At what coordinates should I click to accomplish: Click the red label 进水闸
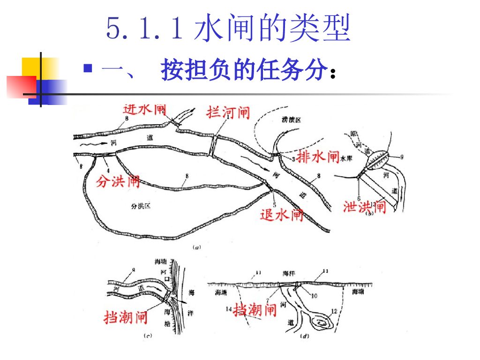point(145,109)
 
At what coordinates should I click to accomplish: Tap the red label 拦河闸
point(228,112)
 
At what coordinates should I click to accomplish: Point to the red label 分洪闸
point(118,181)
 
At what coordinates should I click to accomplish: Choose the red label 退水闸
point(282,215)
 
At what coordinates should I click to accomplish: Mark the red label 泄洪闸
point(364,206)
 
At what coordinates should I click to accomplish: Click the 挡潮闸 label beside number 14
point(255,309)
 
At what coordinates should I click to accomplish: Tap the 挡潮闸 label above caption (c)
point(126,317)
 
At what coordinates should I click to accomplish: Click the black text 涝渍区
point(291,120)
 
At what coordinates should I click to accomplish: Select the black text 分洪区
point(141,205)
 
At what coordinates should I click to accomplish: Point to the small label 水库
point(346,159)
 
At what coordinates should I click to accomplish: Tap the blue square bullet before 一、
point(87,68)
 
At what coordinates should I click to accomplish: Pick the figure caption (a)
point(197,247)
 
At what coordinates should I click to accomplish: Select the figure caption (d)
point(306,336)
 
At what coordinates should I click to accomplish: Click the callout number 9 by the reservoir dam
point(402,157)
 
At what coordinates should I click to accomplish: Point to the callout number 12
point(334,311)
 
